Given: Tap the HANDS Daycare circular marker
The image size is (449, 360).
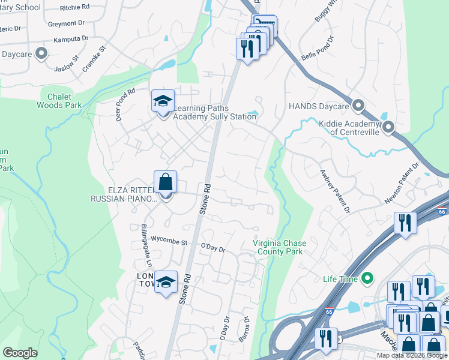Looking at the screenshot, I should (358, 106).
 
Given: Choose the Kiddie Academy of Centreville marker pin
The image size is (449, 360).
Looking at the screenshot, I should (388, 127).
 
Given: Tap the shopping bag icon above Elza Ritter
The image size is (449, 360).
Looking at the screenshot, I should (166, 181).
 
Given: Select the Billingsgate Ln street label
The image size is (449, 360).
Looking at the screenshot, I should (144, 247).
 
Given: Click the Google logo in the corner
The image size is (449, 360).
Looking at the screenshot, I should (20, 353).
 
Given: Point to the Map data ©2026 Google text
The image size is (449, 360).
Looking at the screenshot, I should (411, 355).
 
